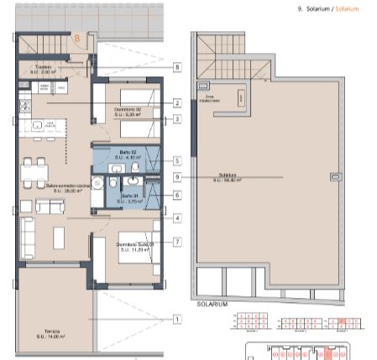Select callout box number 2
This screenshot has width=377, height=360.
click(x=178, y=103)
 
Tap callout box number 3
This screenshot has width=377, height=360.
click(x=178, y=119)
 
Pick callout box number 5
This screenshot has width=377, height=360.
click(x=178, y=160)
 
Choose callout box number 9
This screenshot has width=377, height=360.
click(x=178, y=177)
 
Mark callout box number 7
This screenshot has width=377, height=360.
click(x=178, y=243)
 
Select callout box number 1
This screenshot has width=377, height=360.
click(x=178, y=319)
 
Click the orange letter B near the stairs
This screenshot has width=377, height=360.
click(x=76, y=38)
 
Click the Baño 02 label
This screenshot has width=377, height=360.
click(x=128, y=154)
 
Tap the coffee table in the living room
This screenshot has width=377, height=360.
click(x=59, y=237)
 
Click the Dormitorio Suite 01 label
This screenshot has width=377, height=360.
click(x=135, y=247)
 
